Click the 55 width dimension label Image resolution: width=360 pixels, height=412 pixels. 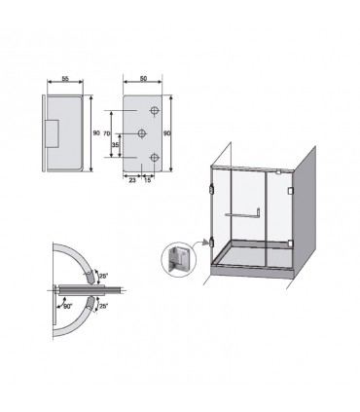[x=65, y=79]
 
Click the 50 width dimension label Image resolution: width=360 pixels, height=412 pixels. [x=143, y=79]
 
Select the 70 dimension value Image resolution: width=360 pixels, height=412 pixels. [x=107, y=133]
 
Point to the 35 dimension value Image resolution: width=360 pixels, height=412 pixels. [x=115, y=145]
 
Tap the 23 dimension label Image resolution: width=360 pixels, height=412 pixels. [x=132, y=180]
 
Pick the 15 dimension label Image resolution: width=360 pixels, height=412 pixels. [x=147, y=180]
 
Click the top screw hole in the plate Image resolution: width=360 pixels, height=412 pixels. [x=155, y=110]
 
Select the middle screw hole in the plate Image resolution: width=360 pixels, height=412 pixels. [x=142, y=133]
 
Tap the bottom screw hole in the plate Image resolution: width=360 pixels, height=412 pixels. [x=155, y=158]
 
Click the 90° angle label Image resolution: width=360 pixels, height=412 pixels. [x=67, y=306]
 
